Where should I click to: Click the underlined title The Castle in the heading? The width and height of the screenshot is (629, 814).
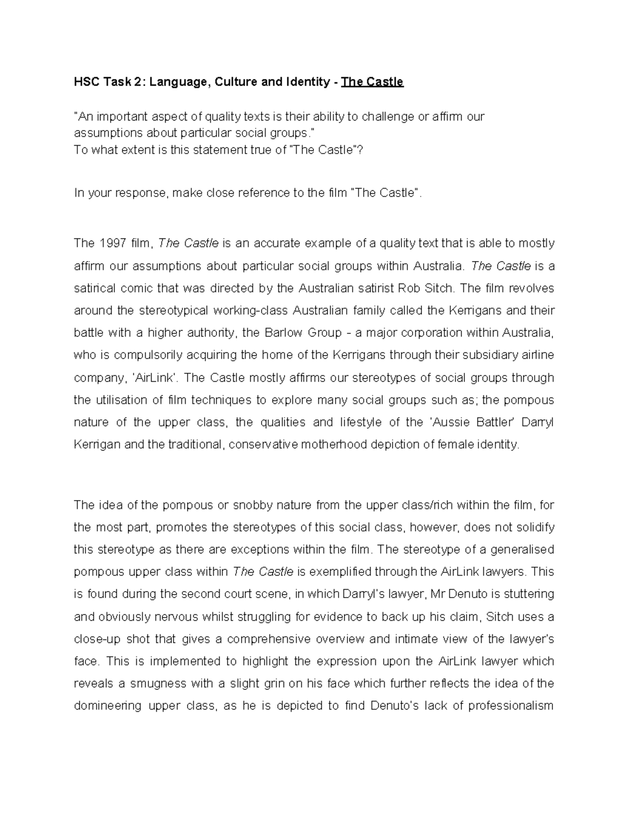tap(372, 82)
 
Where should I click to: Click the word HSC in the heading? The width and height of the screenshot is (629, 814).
tap(85, 82)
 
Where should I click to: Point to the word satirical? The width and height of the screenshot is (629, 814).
tap(93, 288)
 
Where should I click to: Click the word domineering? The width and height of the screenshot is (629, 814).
tap(107, 706)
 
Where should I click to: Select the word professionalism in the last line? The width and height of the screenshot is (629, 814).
tap(511, 706)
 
